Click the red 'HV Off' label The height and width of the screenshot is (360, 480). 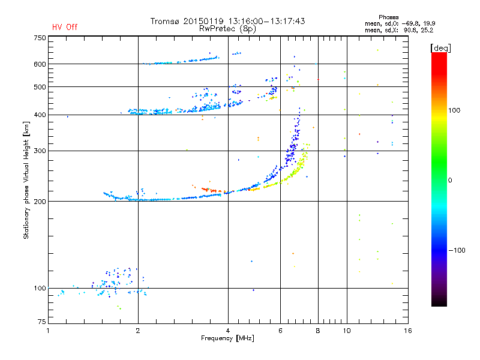(x=65, y=27)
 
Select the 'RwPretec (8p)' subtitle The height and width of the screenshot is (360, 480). (x=228, y=28)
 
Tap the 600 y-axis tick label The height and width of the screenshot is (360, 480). (x=40, y=64)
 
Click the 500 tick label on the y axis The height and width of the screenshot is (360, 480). (x=40, y=87)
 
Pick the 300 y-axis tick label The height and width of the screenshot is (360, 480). (x=40, y=151)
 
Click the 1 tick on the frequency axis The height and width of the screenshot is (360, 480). (x=48, y=331)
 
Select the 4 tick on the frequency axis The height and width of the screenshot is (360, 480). (x=228, y=331)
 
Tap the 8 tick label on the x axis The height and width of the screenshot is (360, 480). (x=318, y=331)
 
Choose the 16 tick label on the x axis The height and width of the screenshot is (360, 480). (x=407, y=331)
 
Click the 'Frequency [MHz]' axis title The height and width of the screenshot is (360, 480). (x=227, y=339)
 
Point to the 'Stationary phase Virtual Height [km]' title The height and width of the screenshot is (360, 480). (x=26, y=181)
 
